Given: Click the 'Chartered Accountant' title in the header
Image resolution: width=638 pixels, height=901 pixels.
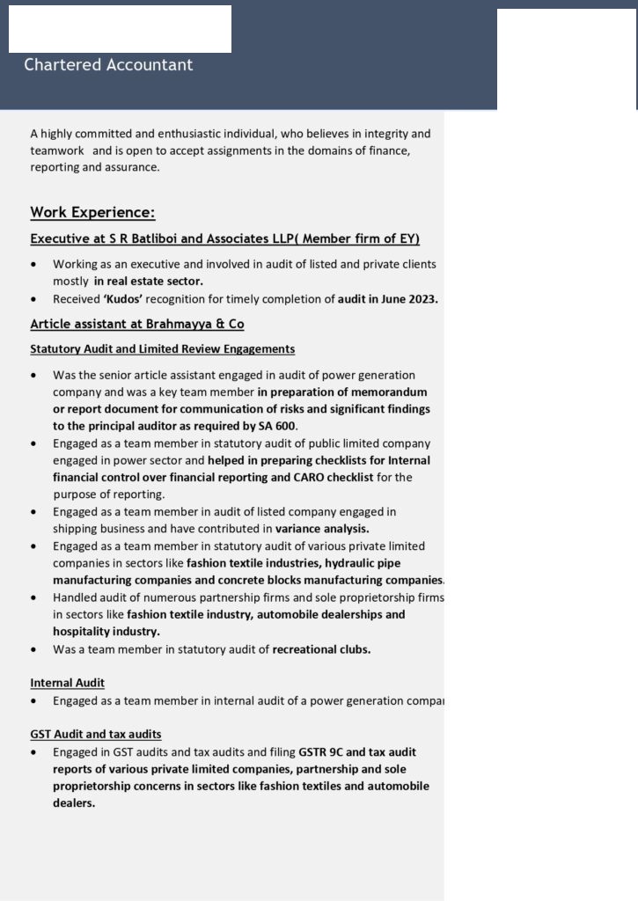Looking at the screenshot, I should (108, 65).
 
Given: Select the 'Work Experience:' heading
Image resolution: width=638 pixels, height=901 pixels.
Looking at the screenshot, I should (92, 212).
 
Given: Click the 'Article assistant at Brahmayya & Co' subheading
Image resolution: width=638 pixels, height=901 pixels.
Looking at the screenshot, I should (137, 324).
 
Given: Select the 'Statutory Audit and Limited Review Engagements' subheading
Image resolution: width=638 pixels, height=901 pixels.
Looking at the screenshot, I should (162, 349).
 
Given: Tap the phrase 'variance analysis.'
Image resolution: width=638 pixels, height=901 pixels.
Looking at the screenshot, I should (322, 529).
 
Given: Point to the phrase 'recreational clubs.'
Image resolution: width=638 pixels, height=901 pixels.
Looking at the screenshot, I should (321, 649).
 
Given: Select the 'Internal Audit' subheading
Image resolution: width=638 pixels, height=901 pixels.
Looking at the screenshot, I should (67, 683).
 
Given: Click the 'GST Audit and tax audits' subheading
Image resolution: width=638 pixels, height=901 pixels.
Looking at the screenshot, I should (95, 734).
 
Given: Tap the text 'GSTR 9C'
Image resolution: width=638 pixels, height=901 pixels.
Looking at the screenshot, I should (320, 751).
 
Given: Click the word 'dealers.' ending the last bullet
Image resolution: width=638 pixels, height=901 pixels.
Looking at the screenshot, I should (74, 802).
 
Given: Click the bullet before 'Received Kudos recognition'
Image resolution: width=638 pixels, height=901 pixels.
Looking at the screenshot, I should (33, 299).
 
